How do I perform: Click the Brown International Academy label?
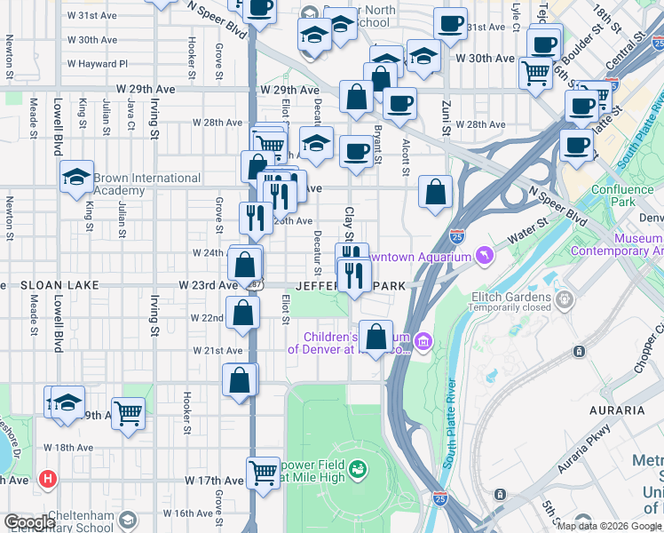pos(146,184)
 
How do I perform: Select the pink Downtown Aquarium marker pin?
pos(484,257)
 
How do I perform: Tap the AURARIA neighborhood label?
pos(616,410)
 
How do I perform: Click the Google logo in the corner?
pos(29,522)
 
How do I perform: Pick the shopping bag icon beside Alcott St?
pos(435,191)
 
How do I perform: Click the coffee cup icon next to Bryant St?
pos(356,150)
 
